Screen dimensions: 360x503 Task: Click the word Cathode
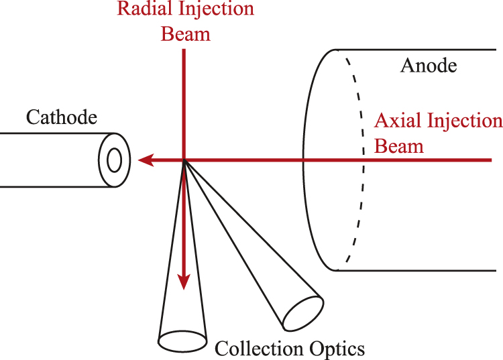pyautogui.click(x=62, y=118)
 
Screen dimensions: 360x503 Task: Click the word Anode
pyautogui.click(x=428, y=66)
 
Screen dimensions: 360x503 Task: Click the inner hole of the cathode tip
pyautogui.click(x=114, y=160)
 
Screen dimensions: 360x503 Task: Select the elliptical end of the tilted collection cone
pyautogui.click(x=302, y=311)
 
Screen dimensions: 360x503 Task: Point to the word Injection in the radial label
pyautogui.click(x=217, y=10)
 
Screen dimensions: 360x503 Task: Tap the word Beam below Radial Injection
pyautogui.click(x=185, y=34)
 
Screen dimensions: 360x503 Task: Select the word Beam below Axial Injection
pyautogui.click(x=399, y=145)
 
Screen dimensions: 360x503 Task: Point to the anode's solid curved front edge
pyautogui.click(x=306, y=161)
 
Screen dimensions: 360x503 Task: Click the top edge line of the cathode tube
pyautogui.click(x=54, y=133)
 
